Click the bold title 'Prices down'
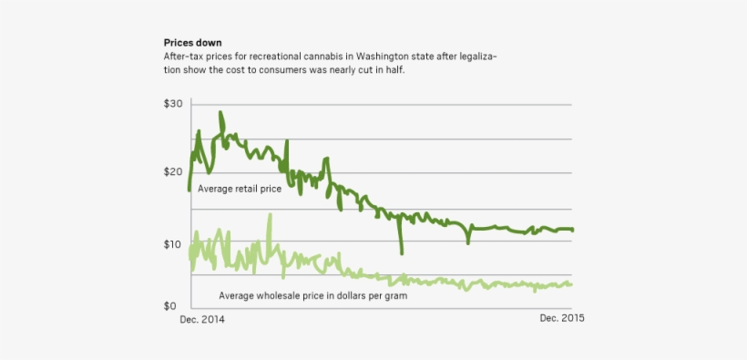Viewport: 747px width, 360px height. [191, 43]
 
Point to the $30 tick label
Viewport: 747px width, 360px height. [173, 105]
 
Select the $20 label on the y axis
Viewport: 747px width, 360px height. [173, 172]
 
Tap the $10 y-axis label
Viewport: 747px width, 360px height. [173, 243]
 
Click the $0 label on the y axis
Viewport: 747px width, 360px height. [170, 305]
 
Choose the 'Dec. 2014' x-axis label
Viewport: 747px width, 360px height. [201, 320]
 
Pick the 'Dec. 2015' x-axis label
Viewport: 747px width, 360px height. [562, 318]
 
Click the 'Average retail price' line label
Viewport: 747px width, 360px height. [240, 189]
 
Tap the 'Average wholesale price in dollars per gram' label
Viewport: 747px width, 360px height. [312, 295]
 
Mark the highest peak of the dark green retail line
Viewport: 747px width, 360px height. [220, 113]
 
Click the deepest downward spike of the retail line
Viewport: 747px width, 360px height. [402, 252]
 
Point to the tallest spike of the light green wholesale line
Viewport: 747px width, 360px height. [270, 215]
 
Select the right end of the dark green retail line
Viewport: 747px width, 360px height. [573, 230]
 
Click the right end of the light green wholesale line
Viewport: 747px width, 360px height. [571, 283]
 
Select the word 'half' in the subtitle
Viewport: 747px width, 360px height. [391, 69]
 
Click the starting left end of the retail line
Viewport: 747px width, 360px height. [189, 190]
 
